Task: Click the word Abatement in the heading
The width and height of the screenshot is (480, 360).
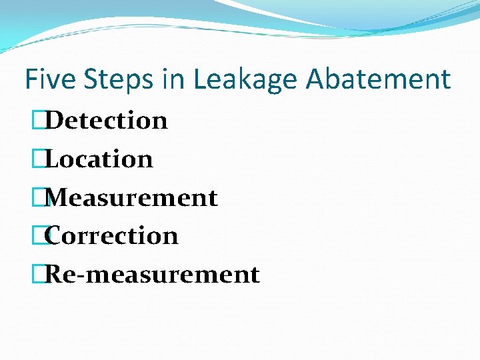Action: click(378, 79)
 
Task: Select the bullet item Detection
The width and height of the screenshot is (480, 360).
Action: click(107, 121)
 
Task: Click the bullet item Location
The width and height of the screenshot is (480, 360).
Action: click(99, 159)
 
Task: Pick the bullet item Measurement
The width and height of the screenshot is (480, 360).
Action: click(131, 198)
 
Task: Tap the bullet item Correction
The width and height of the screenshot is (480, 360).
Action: click(112, 236)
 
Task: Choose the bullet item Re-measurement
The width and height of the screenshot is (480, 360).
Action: click(152, 275)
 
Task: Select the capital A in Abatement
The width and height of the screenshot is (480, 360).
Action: click(316, 79)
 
